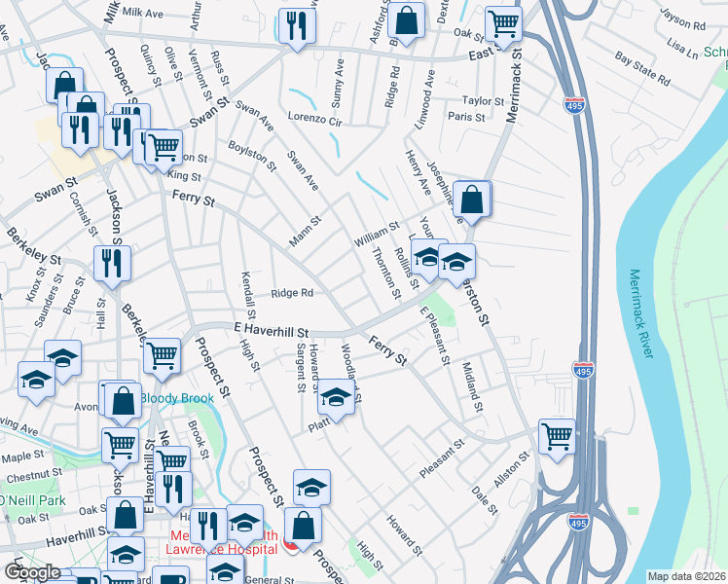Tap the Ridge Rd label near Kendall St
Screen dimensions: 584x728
coord(292,292)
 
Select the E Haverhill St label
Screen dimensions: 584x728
coord(272,331)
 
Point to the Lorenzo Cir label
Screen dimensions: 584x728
coord(315,122)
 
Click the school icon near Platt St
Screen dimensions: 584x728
coord(336,398)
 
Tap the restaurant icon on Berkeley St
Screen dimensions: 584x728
coord(112,261)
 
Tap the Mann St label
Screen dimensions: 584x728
coord(305,232)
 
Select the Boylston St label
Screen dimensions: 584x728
coord(253,159)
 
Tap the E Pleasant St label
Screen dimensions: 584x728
coord(434,336)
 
